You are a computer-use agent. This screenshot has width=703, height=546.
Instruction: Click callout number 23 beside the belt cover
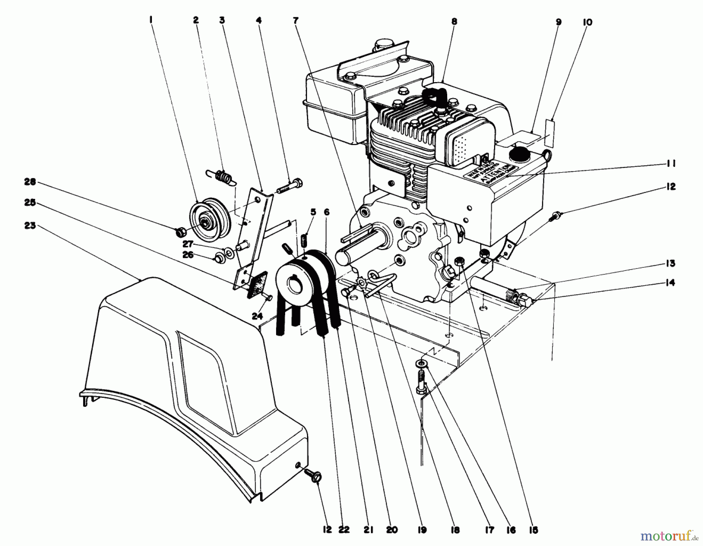coord(30,226)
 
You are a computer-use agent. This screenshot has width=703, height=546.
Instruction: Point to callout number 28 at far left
coord(30,182)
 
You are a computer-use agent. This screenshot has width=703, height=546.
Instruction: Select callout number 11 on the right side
coord(671,163)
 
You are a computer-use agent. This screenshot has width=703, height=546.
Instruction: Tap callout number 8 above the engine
coord(454,22)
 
